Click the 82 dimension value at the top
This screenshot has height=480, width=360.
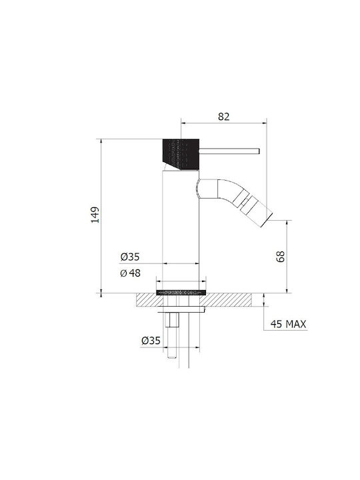click(x=224, y=117)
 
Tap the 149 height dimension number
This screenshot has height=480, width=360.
click(x=95, y=215)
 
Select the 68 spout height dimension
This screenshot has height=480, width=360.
click(x=281, y=257)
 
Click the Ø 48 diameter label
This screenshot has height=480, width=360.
click(x=131, y=273)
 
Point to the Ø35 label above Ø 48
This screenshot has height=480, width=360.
click(x=130, y=257)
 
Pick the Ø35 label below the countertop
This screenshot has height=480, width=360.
click(x=151, y=341)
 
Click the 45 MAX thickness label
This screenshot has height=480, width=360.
click(x=288, y=324)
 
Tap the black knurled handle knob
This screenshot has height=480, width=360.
click(x=181, y=154)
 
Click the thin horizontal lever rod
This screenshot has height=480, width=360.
click(x=229, y=151)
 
